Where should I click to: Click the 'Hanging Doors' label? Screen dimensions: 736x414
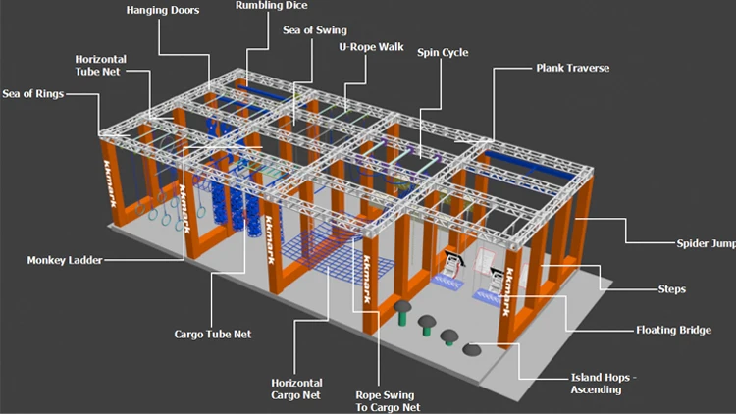[163, 11]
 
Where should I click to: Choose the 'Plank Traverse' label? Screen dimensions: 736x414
[572, 69]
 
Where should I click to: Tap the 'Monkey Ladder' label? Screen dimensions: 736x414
[65, 261]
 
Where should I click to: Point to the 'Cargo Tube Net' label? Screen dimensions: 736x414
[212, 334]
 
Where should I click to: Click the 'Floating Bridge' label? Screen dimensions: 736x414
[673, 330]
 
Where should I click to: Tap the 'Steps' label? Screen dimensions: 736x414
[671, 289]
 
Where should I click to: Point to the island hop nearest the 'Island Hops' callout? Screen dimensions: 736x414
[472, 348]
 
